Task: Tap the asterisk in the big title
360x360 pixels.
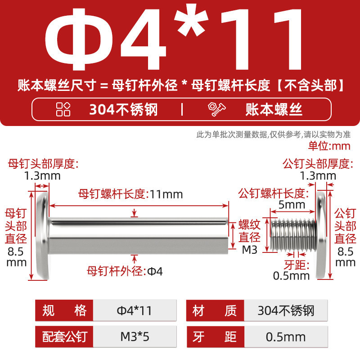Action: [x=191, y=21]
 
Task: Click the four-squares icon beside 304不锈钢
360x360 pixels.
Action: [x=63, y=109]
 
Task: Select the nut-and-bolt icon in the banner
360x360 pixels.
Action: [x=216, y=109]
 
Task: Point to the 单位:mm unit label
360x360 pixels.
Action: [x=329, y=146]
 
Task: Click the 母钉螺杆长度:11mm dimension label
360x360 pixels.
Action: [x=130, y=194]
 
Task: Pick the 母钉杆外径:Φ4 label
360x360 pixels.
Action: [x=125, y=271]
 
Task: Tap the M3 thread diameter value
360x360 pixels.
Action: [x=250, y=250]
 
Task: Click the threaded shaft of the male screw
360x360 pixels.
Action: [x=293, y=234]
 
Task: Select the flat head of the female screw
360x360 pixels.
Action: [x=43, y=235]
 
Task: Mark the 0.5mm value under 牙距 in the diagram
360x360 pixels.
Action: [x=291, y=276]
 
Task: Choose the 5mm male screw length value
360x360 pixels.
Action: [x=292, y=205]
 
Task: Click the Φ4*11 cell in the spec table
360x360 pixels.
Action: [x=135, y=310]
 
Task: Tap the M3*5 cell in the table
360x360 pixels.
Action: [x=135, y=337]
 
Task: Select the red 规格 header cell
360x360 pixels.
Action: [x=64, y=310]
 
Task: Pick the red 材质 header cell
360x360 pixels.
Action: [x=215, y=310]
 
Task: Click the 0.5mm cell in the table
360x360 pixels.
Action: [x=286, y=337]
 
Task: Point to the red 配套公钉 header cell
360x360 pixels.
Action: [x=64, y=337]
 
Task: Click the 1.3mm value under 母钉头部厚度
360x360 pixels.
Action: [x=42, y=176]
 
